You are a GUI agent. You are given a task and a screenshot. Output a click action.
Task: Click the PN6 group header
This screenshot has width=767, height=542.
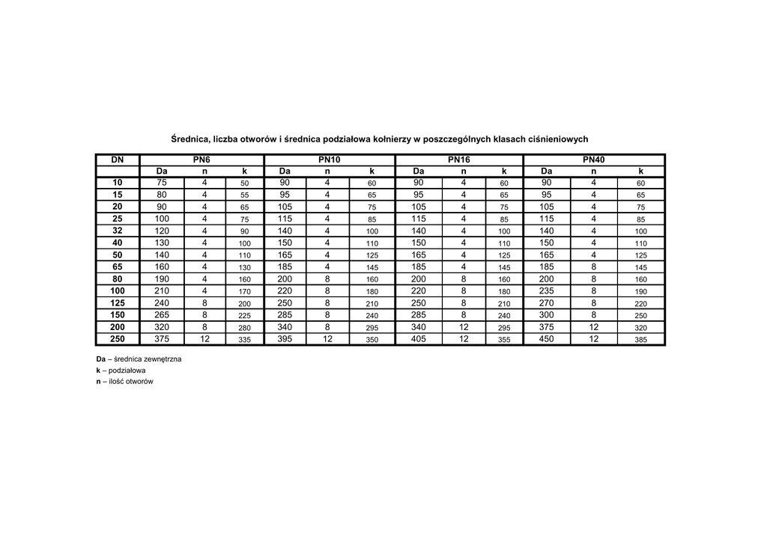point(201,159)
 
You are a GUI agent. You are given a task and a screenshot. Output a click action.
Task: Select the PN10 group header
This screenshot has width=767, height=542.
point(329,159)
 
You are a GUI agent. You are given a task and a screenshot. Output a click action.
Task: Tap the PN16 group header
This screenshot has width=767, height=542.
point(458,159)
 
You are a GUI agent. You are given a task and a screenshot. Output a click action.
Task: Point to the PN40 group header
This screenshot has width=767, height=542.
point(594,159)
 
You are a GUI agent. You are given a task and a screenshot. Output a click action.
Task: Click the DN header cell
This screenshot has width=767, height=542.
point(118,159)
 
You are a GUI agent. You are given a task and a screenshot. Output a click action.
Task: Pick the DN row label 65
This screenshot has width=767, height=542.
point(118,267)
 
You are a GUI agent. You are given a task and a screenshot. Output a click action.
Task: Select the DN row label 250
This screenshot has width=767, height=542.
point(118,339)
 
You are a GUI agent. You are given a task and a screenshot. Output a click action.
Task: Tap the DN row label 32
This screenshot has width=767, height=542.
point(118,231)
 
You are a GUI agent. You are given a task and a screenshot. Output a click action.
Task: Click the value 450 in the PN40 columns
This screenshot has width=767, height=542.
point(548,339)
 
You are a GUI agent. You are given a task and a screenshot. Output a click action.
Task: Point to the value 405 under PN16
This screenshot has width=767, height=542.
point(419,339)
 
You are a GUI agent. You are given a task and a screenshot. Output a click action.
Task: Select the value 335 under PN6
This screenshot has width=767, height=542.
point(244,340)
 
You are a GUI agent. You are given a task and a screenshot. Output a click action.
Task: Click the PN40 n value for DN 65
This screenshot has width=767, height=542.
point(594,267)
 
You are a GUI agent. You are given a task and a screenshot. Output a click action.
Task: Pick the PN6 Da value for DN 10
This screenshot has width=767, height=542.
point(162,183)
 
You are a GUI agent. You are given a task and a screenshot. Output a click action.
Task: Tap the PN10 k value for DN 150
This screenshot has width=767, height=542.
point(372,316)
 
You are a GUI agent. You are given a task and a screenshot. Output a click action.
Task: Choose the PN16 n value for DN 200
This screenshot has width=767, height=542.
point(463,327)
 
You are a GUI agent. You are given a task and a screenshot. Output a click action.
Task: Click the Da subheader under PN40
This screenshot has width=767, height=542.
point(548,171)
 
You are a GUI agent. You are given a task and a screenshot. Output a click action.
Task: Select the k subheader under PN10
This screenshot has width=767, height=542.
point(372,171)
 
